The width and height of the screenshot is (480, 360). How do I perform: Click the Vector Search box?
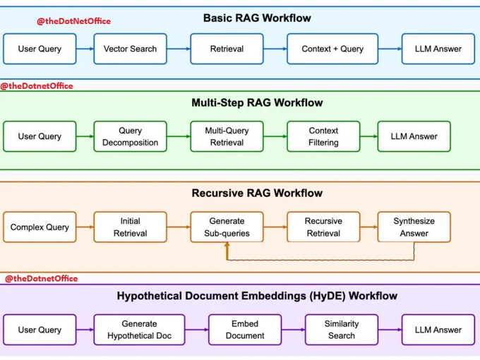pyautogui.click(x=130, y=49)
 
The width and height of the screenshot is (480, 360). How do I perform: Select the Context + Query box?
pyautogui.click(x=332, y=49)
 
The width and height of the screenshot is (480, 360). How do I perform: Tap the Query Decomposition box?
pyautogui.click(x=130, y=136)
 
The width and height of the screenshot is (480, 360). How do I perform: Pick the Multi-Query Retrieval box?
pyautogui.click(x=227, y=136)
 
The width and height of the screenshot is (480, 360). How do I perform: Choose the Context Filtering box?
pyautogui.click(x=323, y=136)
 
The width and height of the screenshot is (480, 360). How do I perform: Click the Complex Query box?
pyautogui.click(x=40, y=227)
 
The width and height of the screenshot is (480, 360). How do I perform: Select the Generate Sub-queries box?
pyautogui.click(x=227, y=227)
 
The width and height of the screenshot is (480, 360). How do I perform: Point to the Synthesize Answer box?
pyautogui.click(x=414, y=227)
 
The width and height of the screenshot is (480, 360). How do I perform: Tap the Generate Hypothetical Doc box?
pyautogui.click(x=139, y=330)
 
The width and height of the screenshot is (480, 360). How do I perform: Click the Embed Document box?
pyautogui.click(x=245, y=330)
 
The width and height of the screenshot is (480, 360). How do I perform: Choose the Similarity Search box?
pyautogui.click(x=342, y=330)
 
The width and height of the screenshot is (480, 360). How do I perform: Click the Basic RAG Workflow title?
pyautogui.click(x=257, y=18)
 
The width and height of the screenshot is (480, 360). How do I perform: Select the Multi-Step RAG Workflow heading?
pyautogui.click(x=257, y=102)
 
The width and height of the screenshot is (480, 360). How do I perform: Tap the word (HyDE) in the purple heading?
pyautogui.click(x=328, y=296)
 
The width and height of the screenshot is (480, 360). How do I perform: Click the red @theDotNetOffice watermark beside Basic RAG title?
pyautogui.click(x=74, y=21)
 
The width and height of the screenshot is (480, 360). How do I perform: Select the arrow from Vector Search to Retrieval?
pyautogui.click(x=179, y=49)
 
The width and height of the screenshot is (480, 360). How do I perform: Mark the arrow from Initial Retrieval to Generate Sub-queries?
pyautogui.click(x=179, y=227)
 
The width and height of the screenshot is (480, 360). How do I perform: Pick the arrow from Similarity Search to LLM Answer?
pyautogui.click(x=390, y=330)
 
